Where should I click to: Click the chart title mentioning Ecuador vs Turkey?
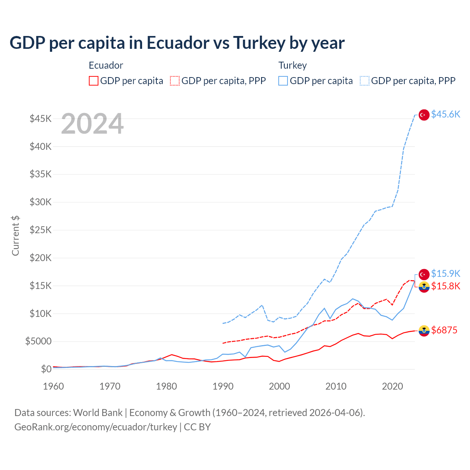pyautogui.click(x=177, y=43)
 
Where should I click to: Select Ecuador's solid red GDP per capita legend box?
pyautogui.click(x=94, y=81)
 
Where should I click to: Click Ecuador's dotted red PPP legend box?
pyautogui.click(x=175, y=81)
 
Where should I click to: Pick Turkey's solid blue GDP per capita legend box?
pyautogui.click(x=283, y=81)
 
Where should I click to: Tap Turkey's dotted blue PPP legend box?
pyautogui.click(x=365, y=81)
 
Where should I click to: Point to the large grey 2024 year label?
pyautogui.click(x=92, y=124)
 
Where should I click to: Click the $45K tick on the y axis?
pyautogui.click(x=40, y=119)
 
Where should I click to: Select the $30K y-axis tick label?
pyautogui.click(x=40, y=202)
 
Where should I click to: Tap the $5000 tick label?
pyautogui.click(x=38, y=341)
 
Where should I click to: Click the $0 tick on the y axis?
pyautogui.click(x=46, y=369)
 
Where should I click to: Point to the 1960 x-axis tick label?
pyautogui.click(x=54, y=386)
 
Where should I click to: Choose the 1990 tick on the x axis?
pyautogui.click(x=223, y=386)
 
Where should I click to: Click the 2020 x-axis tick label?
pyautogui.click(x=393, y=386)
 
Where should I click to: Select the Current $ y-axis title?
pyautogui.click(x=15, y=235)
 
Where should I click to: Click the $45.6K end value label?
pyautogui.click(x=445, y=115)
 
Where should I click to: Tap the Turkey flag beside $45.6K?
pyautogui.click(x=424, y=115)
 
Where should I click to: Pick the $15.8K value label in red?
pyautogui.click(x=445, y=286)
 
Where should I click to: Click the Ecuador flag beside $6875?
pyautogui.click(x=424, y=330)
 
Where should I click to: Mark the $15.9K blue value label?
pyautogui.click(x=445, y=274)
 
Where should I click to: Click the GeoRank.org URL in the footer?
pyautogui.click(x=95, y=427)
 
